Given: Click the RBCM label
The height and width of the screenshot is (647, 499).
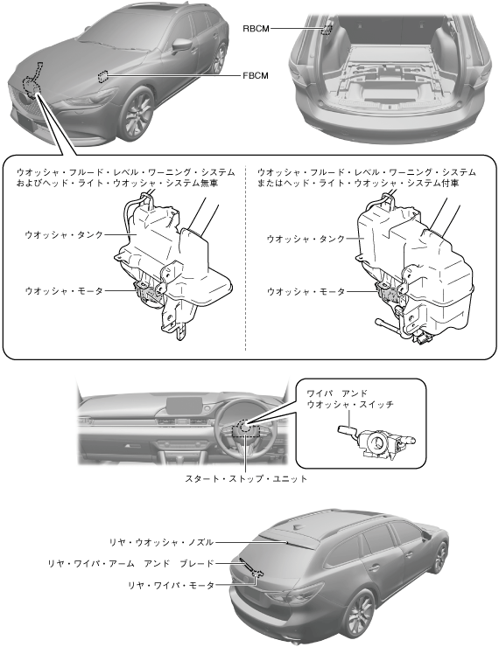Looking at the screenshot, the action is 256,29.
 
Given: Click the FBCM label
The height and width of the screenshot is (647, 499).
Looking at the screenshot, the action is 256,75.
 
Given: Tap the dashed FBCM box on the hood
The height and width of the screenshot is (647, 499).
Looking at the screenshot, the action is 102,76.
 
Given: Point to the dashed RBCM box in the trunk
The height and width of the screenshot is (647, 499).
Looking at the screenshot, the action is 327,29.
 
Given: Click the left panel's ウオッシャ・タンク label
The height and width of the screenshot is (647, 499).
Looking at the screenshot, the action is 64,235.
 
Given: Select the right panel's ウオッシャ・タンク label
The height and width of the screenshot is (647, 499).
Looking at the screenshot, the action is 306,239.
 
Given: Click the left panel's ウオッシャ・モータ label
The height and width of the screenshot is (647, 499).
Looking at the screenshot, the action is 64,291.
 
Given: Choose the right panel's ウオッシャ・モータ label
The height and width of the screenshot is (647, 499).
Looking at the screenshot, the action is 306,292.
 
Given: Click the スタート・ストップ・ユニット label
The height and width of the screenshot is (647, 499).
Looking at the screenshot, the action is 246,478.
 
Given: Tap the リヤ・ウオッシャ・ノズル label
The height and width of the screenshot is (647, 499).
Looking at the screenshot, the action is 161,542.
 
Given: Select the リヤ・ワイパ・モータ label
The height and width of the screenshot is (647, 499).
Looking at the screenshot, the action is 171,585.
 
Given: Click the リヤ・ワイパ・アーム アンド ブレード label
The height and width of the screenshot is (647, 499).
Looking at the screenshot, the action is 131,563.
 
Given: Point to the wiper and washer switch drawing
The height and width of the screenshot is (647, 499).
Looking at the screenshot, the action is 376,442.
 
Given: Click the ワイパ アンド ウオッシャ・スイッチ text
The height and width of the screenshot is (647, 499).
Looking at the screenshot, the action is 350,399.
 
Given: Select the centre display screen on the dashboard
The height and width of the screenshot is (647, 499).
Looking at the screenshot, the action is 185,406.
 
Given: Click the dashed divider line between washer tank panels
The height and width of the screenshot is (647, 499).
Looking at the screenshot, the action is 245,259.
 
